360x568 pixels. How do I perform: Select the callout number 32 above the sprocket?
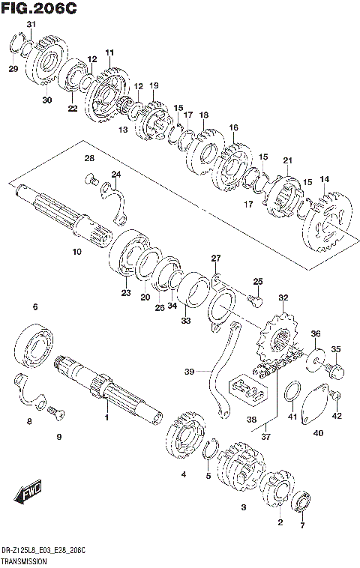pos(283,298)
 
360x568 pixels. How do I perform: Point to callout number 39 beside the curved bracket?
pos(189,371)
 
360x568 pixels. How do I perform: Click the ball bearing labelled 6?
pos(34,344)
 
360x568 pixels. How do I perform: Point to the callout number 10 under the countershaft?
pos(76,253)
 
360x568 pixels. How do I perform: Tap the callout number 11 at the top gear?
pos(109,52)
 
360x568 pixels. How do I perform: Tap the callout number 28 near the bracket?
pos(88,158)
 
